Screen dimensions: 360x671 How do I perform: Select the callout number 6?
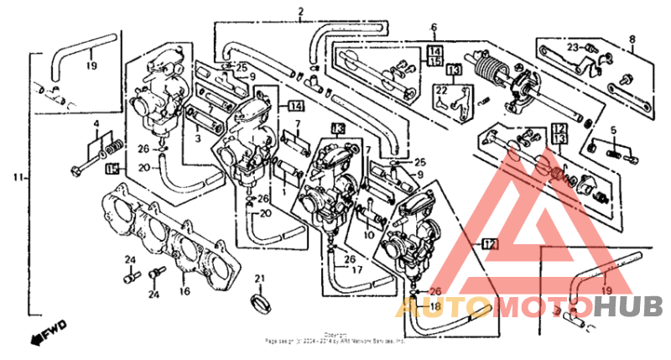[x=434, y=27]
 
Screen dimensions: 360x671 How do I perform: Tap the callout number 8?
[x=632, y=38]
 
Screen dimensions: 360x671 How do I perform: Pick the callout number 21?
[x=259, y=279]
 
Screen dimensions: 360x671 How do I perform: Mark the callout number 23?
[x=572, y=47]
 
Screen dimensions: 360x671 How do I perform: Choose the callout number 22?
[x=441, y=89]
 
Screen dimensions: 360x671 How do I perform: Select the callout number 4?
[x=96, y=125]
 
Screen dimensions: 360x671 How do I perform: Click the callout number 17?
[x=356, y=270]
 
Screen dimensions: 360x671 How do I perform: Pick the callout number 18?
[x=434, y=307]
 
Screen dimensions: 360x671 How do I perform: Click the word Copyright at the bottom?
[x=335, y=334]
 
